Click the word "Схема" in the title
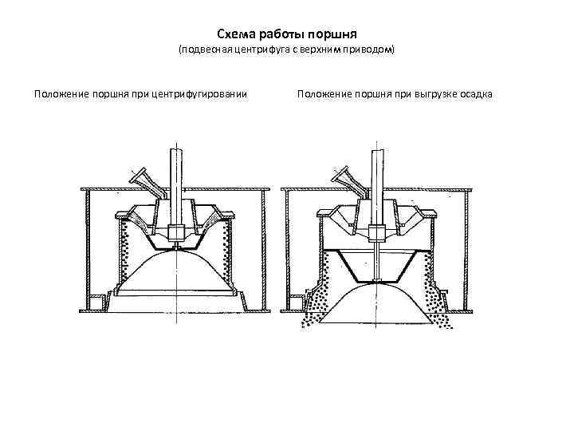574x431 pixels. (235, 34)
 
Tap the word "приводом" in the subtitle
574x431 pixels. (370, 51)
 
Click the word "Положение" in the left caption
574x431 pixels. (61, 94)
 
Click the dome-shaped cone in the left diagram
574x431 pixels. (176, 275)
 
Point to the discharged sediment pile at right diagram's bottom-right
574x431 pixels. (441, 307)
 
